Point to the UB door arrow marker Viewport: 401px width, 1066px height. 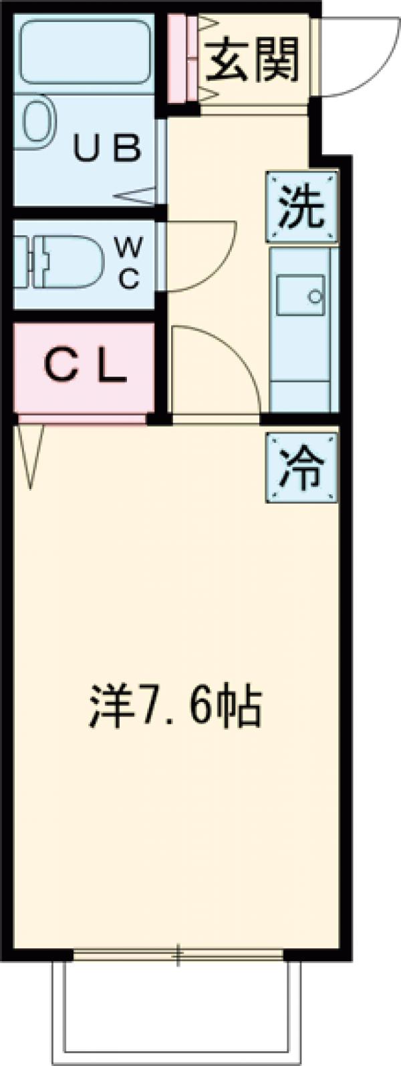coord(140,196)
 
